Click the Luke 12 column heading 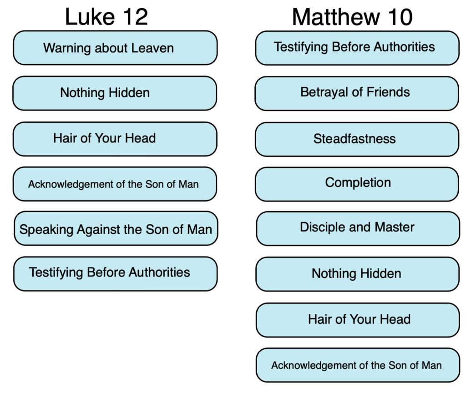tap(106, 17)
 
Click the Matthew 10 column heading tap(352, 17)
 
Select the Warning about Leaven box tap(115, 48)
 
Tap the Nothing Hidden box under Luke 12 tap(115, 93)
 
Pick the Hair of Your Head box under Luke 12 tap(115, 139)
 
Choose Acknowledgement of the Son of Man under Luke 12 tap(115, 184)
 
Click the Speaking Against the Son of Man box tap(116, 228)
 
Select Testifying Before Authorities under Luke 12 tap(115, 274)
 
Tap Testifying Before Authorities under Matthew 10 tap(357, 48)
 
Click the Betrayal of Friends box tap(357, 94)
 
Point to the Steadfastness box tap(357, 139)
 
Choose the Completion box tap(357, 184)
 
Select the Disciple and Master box tap(358, 229)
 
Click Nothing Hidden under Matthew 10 tap(358, 274)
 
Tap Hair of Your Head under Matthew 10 tap(358, 320)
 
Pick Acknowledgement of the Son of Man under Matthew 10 tap(358, 365)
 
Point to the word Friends tap(388, 92)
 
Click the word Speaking tap(46, 230)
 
